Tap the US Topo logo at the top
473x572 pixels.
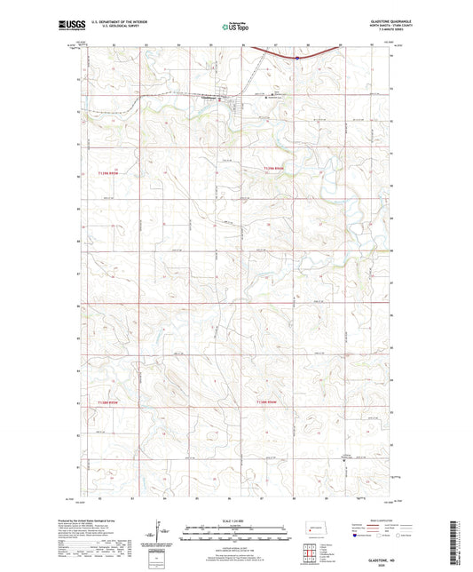pos(235,28)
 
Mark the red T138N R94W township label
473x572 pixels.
pos(272,402)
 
